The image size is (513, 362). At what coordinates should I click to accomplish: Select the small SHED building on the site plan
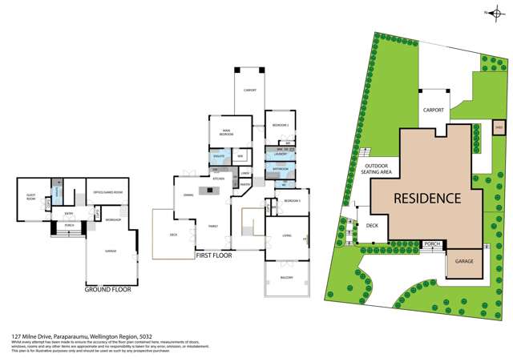click(498, 126)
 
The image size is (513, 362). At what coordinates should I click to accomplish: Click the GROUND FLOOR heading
click(108, 289)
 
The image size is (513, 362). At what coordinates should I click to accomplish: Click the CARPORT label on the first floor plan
click(250, 90)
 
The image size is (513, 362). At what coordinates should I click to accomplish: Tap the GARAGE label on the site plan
click(464, 262)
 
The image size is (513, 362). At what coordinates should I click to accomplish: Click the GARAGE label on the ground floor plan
click(110, 251)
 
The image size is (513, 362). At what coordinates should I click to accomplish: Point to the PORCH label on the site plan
click(432, 243)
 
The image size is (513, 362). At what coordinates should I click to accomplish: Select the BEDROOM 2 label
click(278, 126)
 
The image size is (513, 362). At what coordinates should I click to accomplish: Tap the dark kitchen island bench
click(212, 190)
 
